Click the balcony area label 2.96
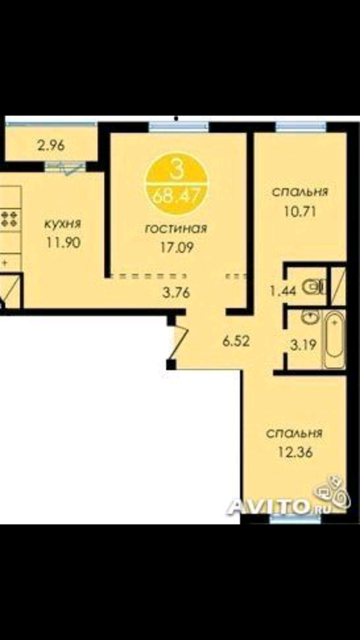[51, 145]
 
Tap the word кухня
[63, 224]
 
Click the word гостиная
[176, 229]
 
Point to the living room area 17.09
[176, 247]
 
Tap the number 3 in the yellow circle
[176, 171]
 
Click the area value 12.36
[294, 453]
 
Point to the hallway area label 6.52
[236, 341]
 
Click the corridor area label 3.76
[176, 293]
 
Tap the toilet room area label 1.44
[283, 290]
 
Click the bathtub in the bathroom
[334, 340]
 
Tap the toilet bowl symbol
[316, 287]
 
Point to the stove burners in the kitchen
[9, 219]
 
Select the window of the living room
[179, 126]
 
